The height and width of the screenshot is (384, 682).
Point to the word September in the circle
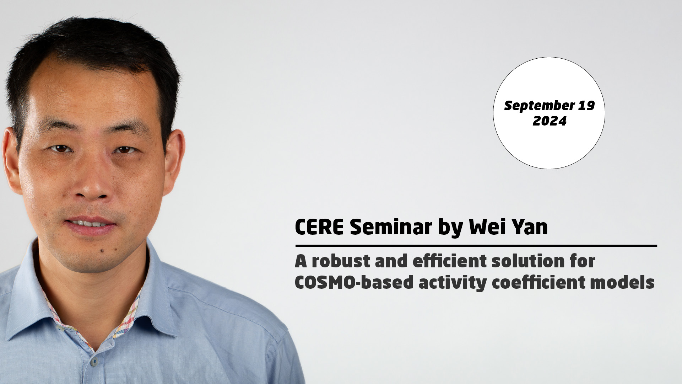(539, 106)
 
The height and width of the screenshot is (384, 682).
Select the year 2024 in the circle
(550, 121)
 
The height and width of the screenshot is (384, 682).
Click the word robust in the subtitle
(340, 261)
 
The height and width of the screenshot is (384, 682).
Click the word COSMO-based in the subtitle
(354, 283)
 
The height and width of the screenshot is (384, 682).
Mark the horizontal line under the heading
(476, 246)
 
